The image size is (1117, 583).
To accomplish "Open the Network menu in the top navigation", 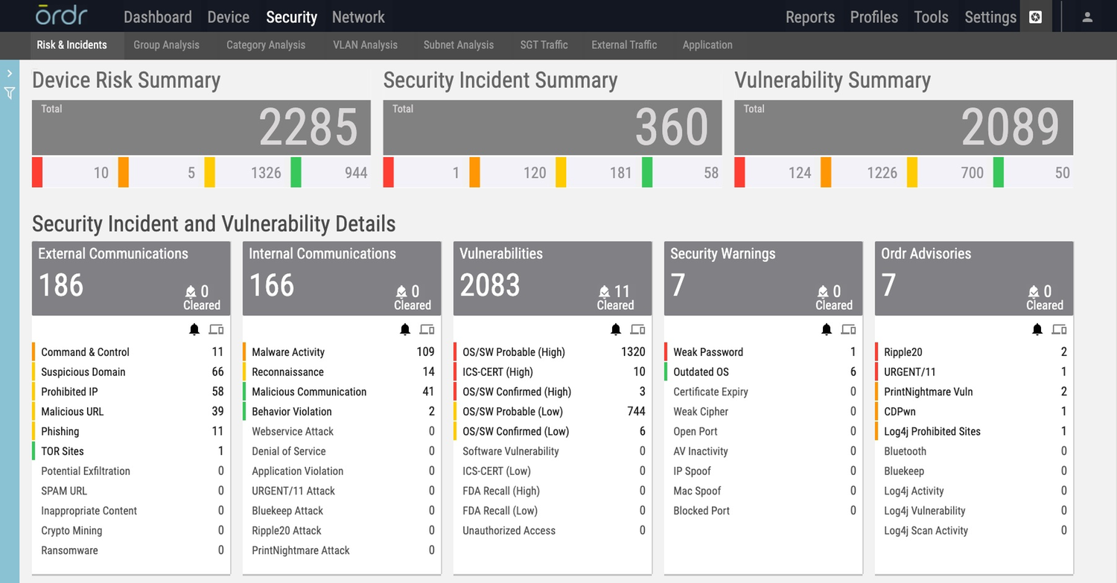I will (x=358, y=16).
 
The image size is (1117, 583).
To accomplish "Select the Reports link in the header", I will (x=810, y=16).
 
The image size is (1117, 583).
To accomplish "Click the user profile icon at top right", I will (x=1087, y=16).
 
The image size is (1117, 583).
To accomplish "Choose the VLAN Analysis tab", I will (x=365, y=45).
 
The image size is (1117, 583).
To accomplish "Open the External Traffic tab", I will (x=624, y=45).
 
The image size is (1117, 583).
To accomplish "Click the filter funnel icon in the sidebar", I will (x=10, y=93).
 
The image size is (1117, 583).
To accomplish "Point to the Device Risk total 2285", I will (x=308, y=127).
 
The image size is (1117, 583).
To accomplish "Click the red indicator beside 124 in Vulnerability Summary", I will (x=739, y=172).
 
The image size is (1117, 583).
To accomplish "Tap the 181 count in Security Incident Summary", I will (x=620, y=173).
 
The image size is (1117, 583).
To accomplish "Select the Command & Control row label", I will (x=85, y=352).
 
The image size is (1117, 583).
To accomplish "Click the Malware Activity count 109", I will (x=425, y=352).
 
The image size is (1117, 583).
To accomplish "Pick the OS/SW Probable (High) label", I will (x=514, y=352).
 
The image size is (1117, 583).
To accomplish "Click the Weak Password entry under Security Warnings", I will (x=708, y=352).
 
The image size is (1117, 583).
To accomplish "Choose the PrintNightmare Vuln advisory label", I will (x=928, y=392).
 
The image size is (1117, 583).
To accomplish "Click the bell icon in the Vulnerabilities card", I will (x=616, y=329).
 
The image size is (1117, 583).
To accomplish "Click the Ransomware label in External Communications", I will (x=69, y=551).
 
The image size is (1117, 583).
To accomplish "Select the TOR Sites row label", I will (x=63, y=451).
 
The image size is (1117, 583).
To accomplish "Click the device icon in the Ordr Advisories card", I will (x=1059, y=329).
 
